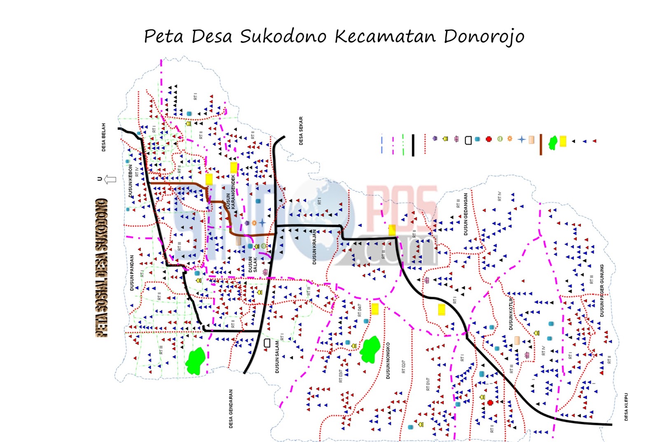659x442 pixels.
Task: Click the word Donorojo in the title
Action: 484,37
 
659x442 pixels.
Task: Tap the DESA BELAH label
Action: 103,137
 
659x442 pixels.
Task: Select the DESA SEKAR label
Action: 301,131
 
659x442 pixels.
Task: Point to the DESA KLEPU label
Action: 626,407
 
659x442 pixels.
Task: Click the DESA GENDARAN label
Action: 231,409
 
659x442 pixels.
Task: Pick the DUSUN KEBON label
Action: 131,181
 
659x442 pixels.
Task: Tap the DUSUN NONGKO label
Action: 388,360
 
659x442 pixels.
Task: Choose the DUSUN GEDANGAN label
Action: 466,214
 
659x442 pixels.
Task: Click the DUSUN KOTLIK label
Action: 511,313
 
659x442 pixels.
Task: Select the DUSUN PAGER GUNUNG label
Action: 602,290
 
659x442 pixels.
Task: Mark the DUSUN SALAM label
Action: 277,357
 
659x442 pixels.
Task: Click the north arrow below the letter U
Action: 110,180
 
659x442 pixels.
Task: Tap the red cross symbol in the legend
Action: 489,139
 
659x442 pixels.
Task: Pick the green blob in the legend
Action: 553,143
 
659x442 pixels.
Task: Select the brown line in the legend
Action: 541,145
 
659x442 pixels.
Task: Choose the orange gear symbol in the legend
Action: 510,139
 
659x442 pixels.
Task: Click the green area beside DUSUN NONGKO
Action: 370,349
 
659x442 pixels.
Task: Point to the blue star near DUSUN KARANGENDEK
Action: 262,223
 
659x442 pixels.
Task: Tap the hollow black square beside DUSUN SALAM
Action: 267,343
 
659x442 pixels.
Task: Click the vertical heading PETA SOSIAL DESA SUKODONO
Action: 102,268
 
